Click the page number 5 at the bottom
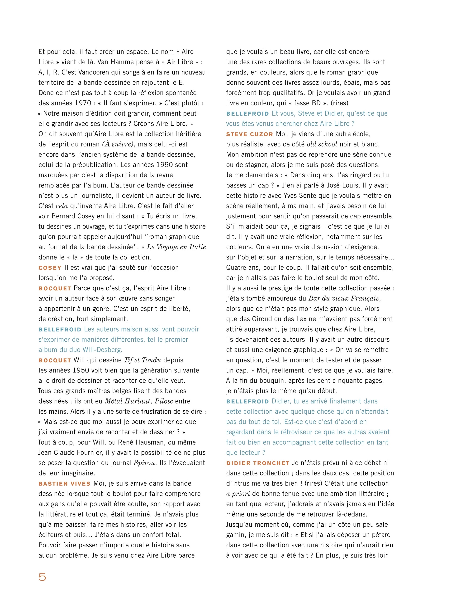[42, 577]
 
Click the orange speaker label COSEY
[50, 268]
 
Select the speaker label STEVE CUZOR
[249, 134]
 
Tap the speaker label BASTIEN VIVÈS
[64, 484]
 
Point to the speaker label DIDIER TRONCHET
[258, 463]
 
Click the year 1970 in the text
[83, 103]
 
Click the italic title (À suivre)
[118, 144]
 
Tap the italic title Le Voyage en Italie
[176, 247]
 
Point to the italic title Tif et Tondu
[142, 360]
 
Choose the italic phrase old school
[322, 144]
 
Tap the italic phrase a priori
[238, 494]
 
